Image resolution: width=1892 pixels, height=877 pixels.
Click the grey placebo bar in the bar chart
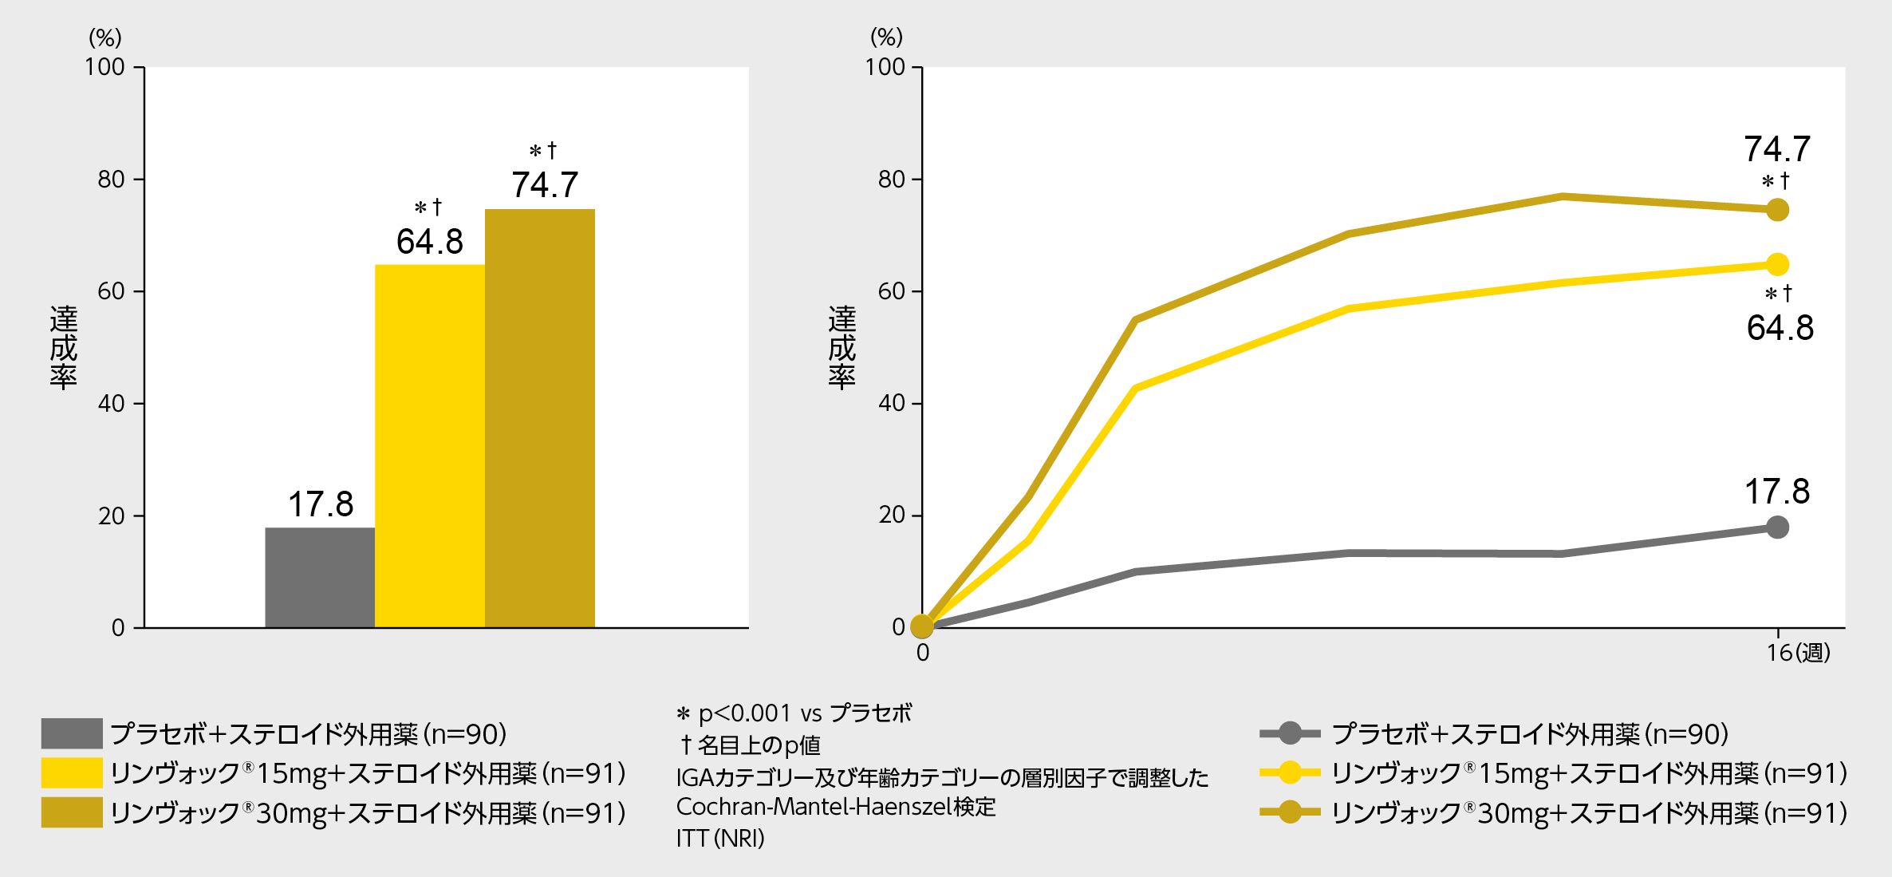click(x=320, y=577)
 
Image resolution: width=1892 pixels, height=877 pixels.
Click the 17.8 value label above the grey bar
click(x=321, y=504)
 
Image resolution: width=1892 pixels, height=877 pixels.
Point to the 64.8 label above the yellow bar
click(x=430, y=242)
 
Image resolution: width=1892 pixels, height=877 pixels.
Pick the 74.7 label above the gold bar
click(x=545, y=185)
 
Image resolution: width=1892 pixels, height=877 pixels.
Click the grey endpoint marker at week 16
click(x=1777, y=527)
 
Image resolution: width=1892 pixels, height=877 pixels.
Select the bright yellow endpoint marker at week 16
click(x=1777, y=264)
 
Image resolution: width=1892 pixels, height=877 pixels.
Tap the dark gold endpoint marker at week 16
click(x=1777, y=210)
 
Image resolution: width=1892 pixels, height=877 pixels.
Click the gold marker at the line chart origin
click(x=922, y=626)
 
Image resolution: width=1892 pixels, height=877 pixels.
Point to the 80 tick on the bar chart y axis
click(x=112, y=180)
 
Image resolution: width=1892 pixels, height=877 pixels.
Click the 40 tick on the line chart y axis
click(x=892, y=404)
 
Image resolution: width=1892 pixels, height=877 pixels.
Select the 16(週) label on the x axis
click(x=1798, y=653)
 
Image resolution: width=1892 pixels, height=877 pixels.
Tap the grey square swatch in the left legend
click(x=72, y=733)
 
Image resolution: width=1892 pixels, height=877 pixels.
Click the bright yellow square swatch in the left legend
click(x=72, y=772)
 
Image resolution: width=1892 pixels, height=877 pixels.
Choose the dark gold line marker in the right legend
click(x=1290, y=812)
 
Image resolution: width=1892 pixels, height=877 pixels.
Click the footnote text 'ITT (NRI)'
click(x=720, y=838)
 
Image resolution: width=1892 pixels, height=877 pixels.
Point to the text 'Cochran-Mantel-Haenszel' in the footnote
click(x=814, y=807)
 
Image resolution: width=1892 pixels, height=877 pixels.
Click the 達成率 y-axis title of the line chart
click(x=842, y=347)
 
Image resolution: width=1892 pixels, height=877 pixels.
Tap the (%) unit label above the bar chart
click(x=105, y=38)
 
